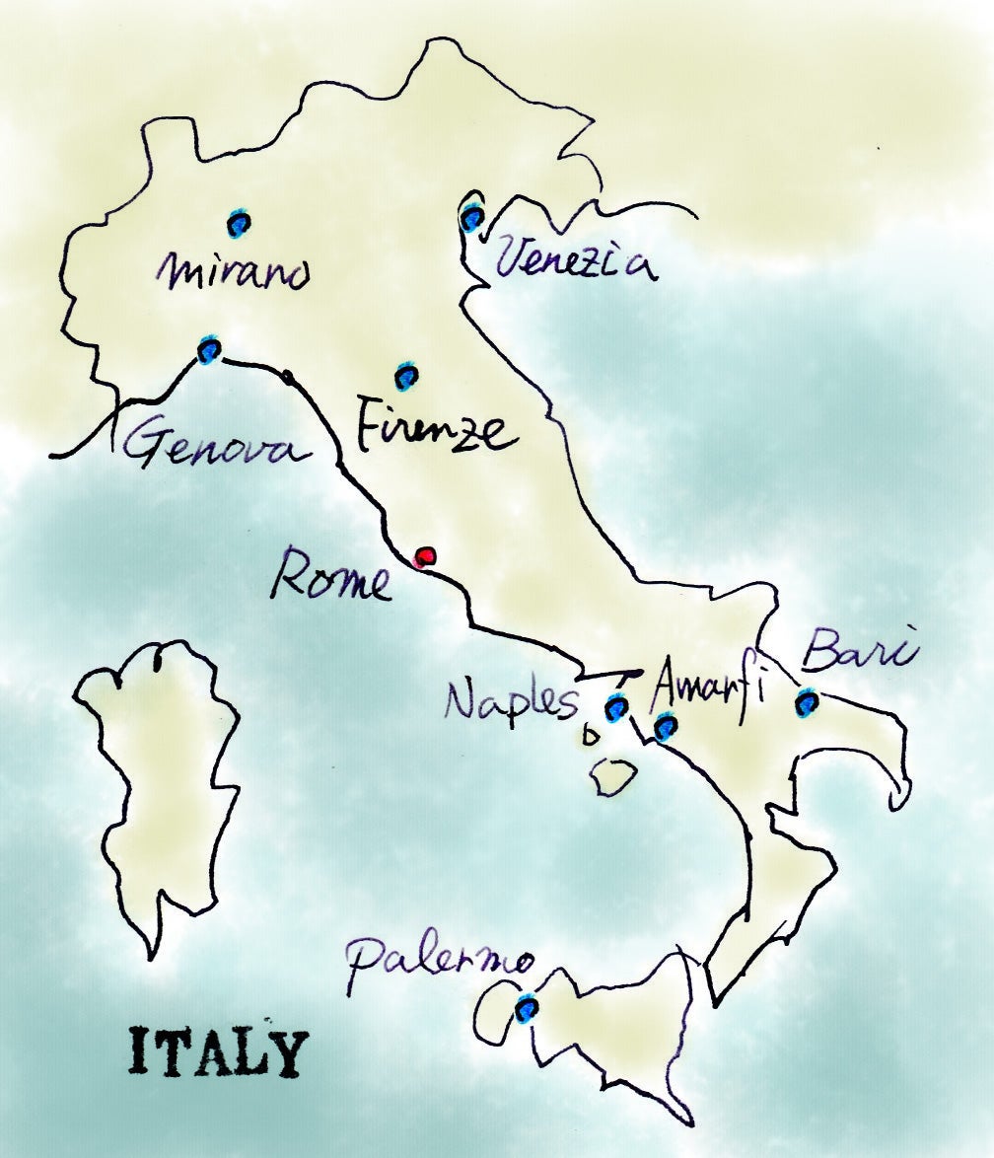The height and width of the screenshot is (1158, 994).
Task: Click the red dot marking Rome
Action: point(425,558)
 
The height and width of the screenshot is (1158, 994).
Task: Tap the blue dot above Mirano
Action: point(238,224)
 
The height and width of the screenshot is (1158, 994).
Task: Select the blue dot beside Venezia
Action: point(472,216)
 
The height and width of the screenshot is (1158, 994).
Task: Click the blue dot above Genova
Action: point(209,348)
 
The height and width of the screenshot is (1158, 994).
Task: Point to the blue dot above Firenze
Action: point(406,376)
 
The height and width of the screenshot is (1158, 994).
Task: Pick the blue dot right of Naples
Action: point(616,707)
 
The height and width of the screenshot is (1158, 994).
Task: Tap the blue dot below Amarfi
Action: point(666,729)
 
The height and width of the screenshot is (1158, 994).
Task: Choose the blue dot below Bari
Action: point(807,702)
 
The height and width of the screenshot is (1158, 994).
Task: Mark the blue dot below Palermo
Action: point(527,1008)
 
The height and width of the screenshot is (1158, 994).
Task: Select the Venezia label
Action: point(576,261)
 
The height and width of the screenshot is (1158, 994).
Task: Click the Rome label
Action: point(331,577)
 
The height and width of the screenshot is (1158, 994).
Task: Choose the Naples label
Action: point(509,702)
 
